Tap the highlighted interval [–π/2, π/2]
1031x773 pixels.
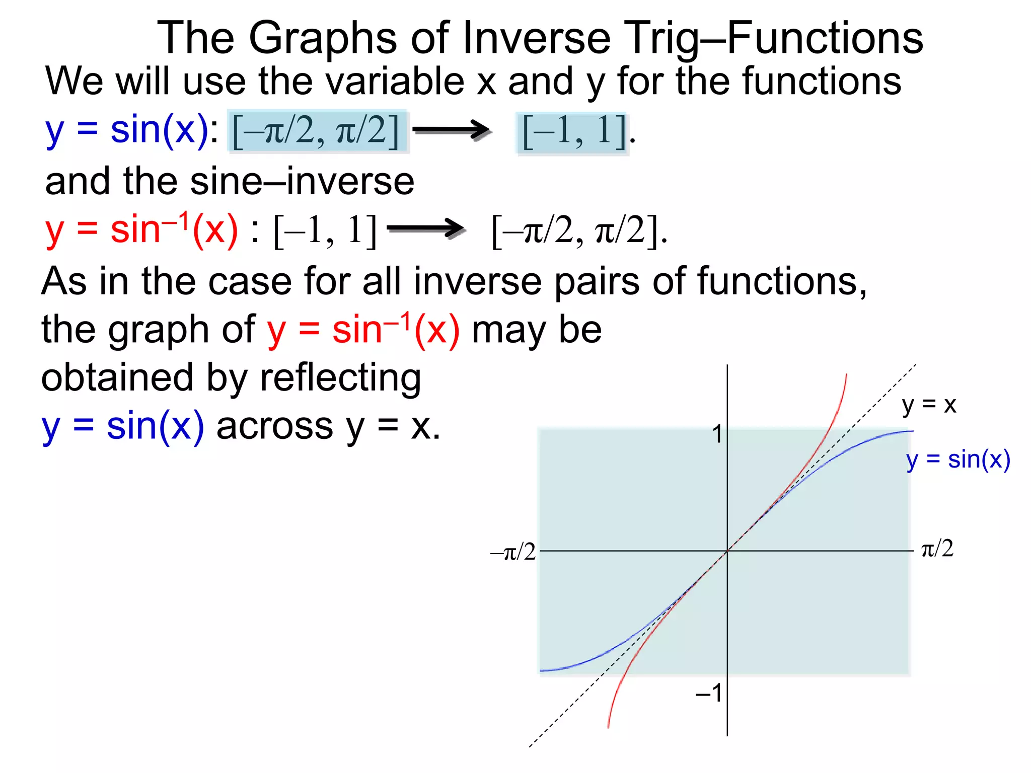tap(316, 131)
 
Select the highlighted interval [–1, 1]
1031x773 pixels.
tap(573, 132)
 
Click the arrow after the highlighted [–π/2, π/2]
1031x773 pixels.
tap(451, 130)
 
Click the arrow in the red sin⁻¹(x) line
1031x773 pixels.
tap(426, 229)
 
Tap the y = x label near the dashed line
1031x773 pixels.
tap(929, 405)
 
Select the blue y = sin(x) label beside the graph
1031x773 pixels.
tap(958, 459)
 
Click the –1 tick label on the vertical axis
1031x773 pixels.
tap(709, 693)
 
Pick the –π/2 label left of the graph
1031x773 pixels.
tap(513, 553)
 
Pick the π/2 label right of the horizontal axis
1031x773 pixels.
tap(937, 549)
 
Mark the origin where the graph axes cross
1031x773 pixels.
tap(727, 551)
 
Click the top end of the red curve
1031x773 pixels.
tap(846, 375)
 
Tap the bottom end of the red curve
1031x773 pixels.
tap(608, 726)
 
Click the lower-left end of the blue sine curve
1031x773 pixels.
tap(541, 670)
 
